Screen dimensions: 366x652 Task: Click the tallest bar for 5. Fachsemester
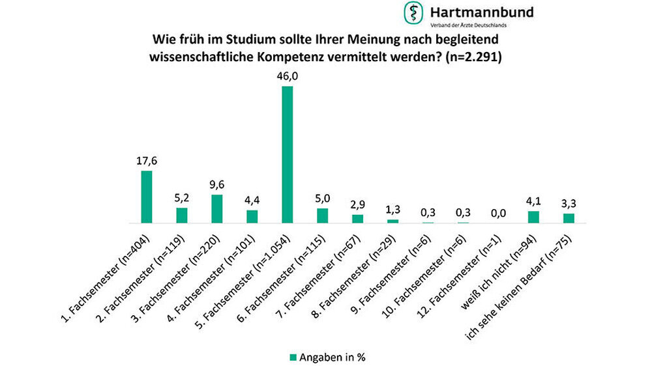287,154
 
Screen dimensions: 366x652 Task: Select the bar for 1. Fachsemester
147,197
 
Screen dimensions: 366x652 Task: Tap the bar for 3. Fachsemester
216,208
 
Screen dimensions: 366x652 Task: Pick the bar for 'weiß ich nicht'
533,217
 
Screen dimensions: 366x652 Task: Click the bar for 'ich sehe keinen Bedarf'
569,218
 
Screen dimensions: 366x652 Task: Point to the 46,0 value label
287,76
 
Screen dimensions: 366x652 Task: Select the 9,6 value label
216,185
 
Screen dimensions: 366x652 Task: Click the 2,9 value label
357,204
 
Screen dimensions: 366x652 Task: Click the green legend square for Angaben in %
293,356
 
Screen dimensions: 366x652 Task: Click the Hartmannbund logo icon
412,12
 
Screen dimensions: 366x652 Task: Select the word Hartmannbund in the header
481,11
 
